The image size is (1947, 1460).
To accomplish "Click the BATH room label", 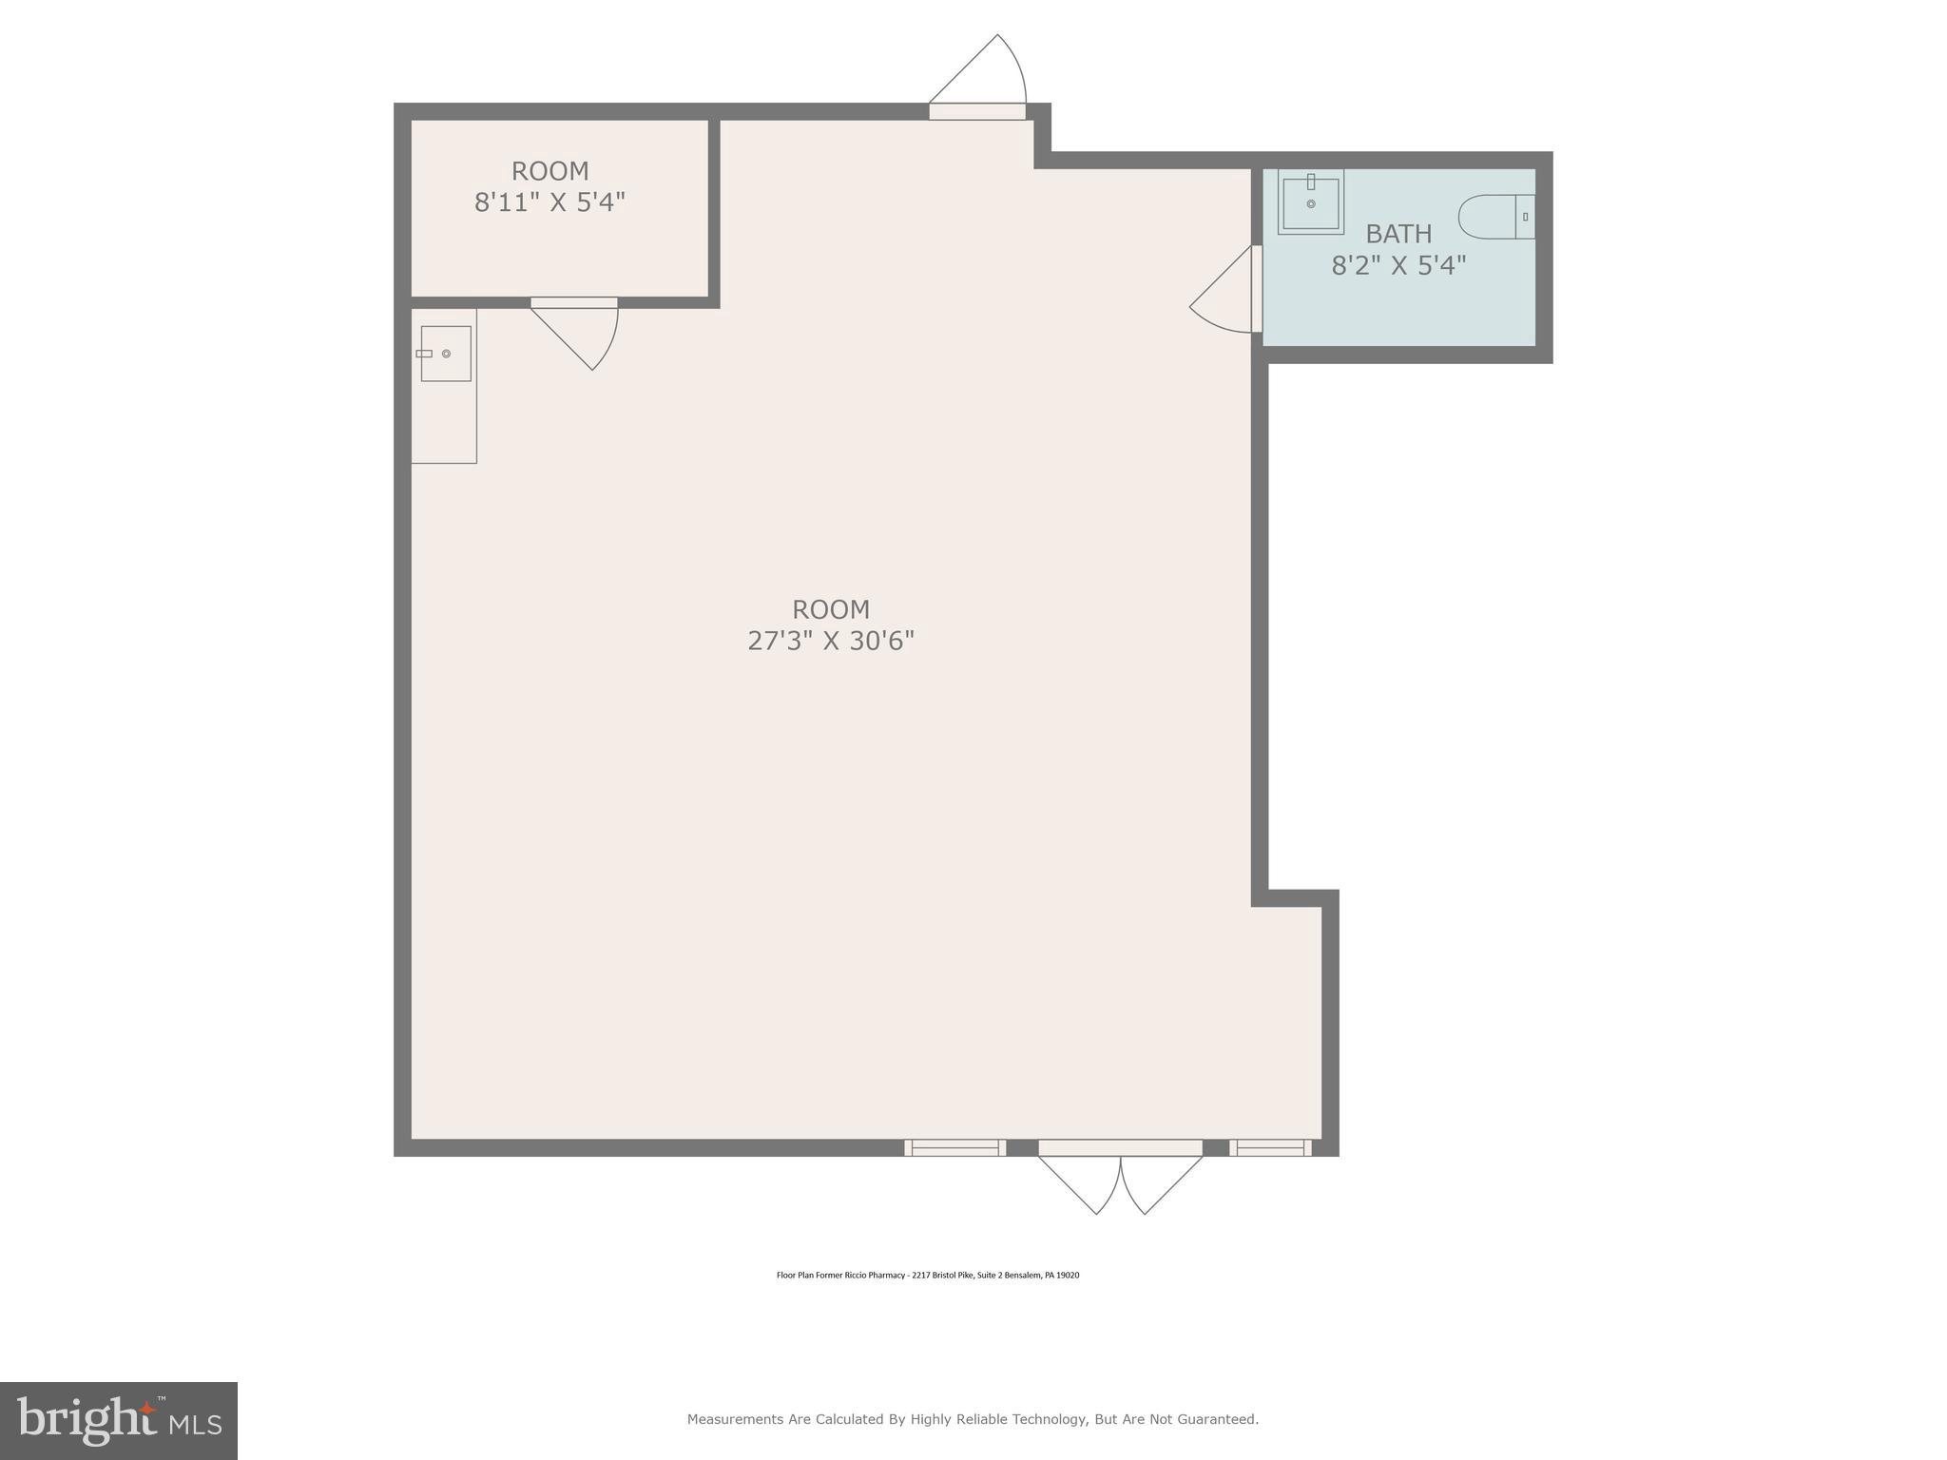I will (1398, 234).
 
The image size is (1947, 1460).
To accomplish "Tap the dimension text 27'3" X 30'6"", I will (830, 642).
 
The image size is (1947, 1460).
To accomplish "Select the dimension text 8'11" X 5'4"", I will (549, 202).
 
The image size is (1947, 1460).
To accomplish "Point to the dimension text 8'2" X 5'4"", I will (1398, 265).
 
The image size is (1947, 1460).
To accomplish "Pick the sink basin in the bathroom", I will (1310, 202).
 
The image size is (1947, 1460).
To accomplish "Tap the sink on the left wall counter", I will (445, 354).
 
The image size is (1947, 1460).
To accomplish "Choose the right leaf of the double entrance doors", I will (1162, 1182).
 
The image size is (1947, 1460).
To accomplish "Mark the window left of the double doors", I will (954, 1147).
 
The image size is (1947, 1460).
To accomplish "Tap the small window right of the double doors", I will (1270, 1147).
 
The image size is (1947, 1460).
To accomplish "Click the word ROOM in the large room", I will (830, 609).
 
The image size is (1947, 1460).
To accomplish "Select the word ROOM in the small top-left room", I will (549, 171).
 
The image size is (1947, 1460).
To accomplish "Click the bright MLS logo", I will (118, 1420).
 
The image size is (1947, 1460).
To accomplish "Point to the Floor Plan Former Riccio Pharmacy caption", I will (927, 1276).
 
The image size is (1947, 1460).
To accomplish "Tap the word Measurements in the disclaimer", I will (735, 1419).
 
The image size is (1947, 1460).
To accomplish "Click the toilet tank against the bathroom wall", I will (1525, 217).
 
